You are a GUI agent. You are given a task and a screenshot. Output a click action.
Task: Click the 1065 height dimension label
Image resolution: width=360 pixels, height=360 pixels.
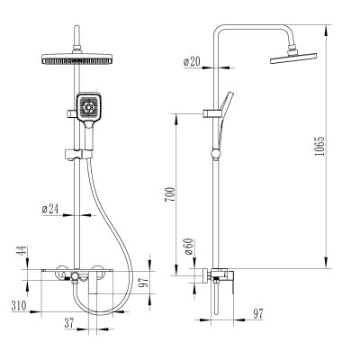tap(320, 146)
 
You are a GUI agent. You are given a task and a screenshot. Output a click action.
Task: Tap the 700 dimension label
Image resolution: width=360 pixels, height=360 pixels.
tap(170, 194)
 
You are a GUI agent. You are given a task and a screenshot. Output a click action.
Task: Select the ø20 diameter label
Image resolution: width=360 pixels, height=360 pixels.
tap(192, 61)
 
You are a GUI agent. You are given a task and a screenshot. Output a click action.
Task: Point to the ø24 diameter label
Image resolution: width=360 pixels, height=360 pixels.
tap(50, 209)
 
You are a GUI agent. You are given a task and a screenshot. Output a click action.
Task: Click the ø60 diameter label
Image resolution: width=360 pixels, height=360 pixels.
tap(189, 247)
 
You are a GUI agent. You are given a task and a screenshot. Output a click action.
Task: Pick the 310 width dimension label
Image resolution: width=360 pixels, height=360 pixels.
tap(19, 306)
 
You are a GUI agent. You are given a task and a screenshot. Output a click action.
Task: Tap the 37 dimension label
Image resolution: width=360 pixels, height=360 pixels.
tap(69, 323)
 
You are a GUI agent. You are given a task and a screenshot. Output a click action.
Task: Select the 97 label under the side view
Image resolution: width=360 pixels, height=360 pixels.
tap(258, 314)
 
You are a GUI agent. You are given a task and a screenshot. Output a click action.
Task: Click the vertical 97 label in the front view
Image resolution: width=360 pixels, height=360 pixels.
tap(145, 282)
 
